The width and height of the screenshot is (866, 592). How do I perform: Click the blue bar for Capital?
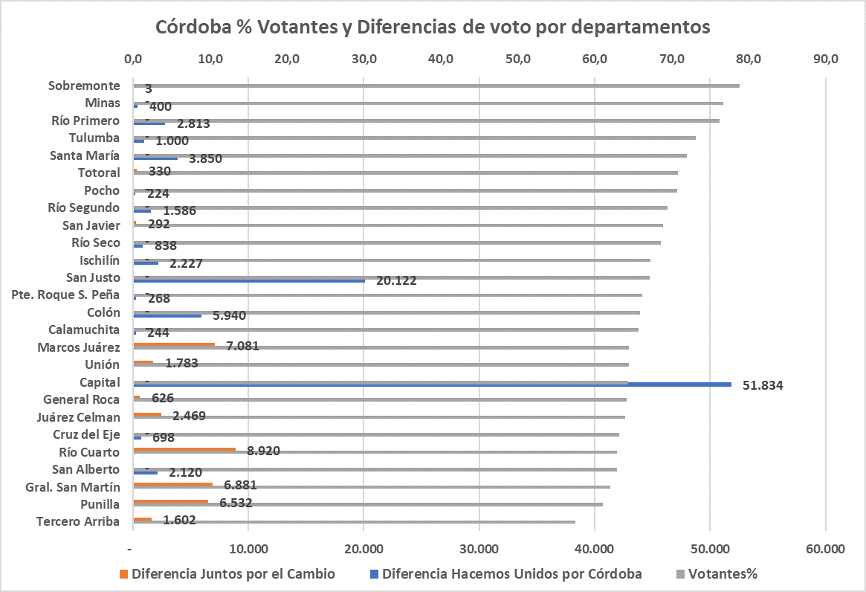tap(431, 385)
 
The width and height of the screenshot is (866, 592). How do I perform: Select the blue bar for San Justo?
tap(248, 280)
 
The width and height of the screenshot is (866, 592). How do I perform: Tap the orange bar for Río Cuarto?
tap(184, 449)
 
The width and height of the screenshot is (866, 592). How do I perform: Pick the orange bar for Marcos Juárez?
tap(173, 344)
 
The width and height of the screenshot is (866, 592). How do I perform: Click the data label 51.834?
tap(763, 385)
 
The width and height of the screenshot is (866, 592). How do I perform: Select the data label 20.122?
tap(396, 281)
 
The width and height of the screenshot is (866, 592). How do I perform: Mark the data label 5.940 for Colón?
tap(229, 315)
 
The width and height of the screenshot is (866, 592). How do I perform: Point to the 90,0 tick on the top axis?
tap(825, 59)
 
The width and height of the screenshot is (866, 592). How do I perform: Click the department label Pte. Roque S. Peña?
tap(66, 295)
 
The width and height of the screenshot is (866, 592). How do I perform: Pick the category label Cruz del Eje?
tap(86, 434)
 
